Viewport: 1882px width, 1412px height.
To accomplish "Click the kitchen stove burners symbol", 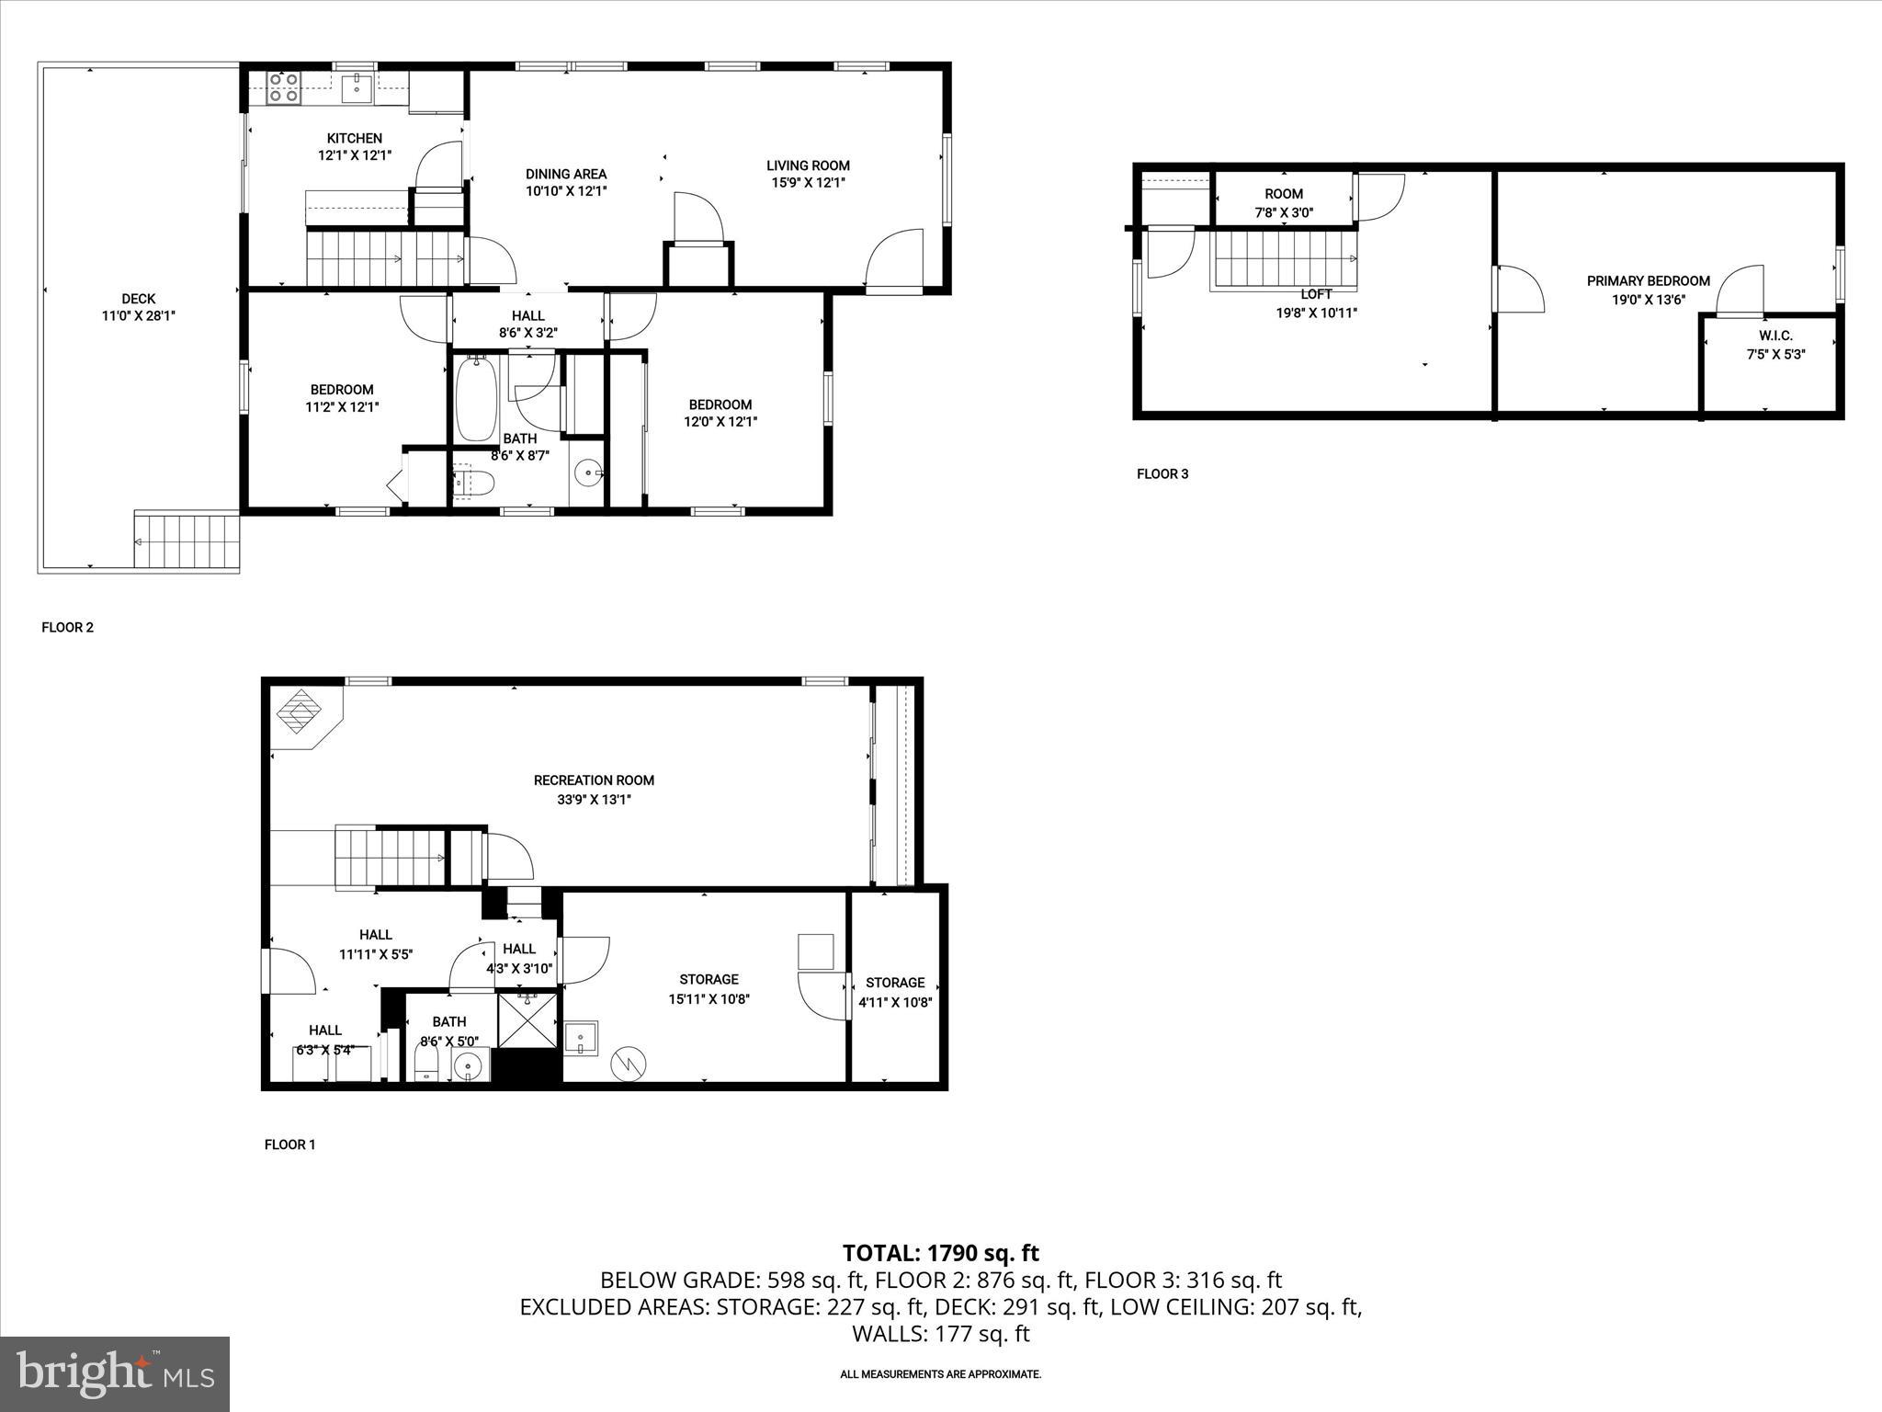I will [283, 86].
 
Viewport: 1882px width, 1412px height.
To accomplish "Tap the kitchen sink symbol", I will [357, 89].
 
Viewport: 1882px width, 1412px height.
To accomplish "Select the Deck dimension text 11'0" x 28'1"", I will [139, 315].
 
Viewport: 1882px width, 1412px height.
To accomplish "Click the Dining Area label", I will [566, 174].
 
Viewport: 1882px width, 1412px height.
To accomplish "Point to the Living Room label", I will [809, 165].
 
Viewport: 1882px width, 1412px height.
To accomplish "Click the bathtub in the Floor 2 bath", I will [477, 401].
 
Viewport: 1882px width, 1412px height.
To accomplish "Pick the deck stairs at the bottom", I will [187, 541].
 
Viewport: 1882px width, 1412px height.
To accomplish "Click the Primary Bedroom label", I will [1649, 281].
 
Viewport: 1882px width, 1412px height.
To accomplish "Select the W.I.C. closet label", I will [1775, 336].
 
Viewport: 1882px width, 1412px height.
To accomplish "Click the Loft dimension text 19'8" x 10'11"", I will [1317, 313].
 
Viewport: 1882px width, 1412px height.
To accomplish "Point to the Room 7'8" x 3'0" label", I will [1284, 194].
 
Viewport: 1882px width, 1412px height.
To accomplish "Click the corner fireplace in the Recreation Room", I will [300, 712].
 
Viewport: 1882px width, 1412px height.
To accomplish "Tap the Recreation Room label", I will [594, 780].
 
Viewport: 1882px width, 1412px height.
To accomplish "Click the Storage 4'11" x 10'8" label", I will [895, 983].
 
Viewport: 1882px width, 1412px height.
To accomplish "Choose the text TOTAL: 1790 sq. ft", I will [941, 1253].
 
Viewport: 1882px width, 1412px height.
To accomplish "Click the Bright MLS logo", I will [115, 1373].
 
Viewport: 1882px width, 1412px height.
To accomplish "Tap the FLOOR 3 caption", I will [1162, 474].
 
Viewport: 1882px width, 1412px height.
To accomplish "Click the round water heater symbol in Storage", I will [629, 1064].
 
